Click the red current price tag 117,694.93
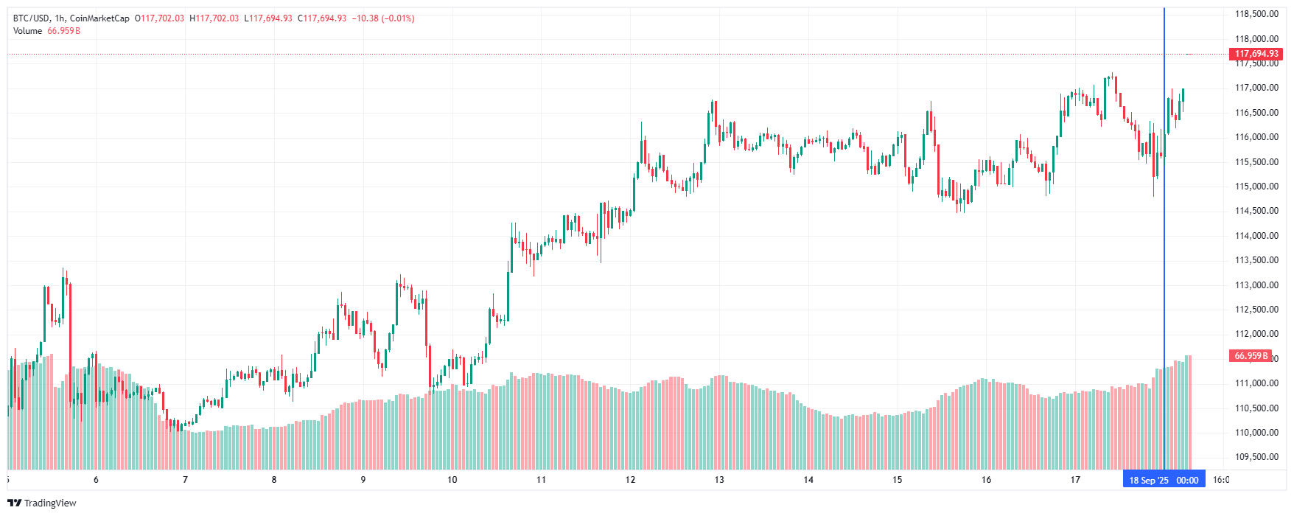click(x=1256, y=54)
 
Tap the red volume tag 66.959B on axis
click(x=1251, y=356)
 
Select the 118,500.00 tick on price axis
click(x=1256, y=14)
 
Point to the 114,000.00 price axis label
click(x=1256, y=236)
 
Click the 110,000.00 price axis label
click(x=1256, y=433)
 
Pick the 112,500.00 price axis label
click(x=1256, y=310)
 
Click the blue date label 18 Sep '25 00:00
click(x=1164, y=480)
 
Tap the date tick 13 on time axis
click(x=719, y=480)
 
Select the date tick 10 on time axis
click(x=452, y=480)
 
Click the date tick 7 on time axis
click(x=185, y=480)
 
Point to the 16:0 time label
click(x=1221, y=480)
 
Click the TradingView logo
click(x=42, y=503)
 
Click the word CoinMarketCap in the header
click(x=99, y=18)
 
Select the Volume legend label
click(x=27, y=31)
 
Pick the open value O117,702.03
click(x=159, y=18)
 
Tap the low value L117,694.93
click(x=267, y=18)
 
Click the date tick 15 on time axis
click(x=898, y=480)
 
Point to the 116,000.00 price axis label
click(x=1256, y=137)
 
